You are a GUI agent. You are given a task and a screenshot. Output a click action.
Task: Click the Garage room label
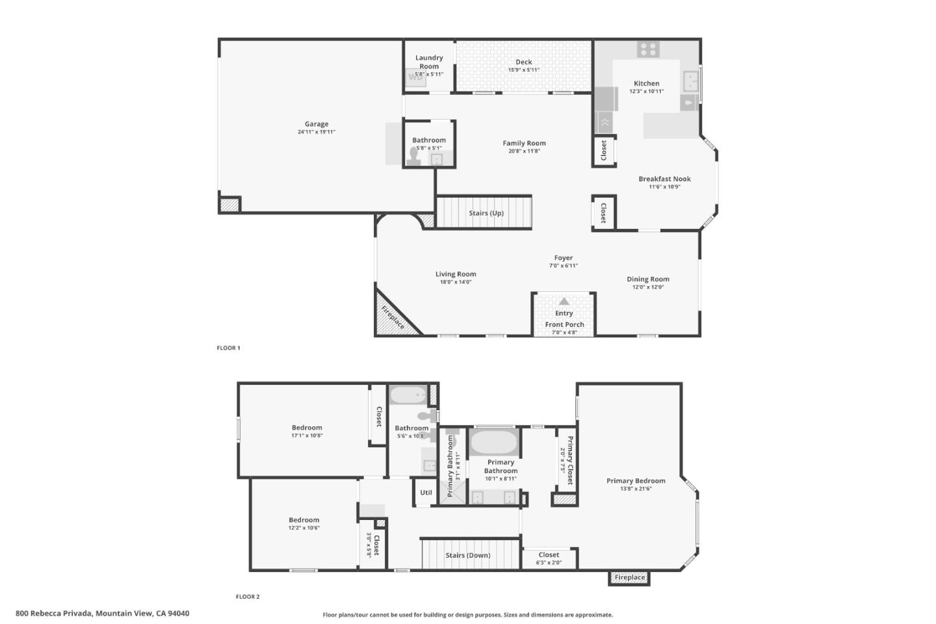(x=317, y=124)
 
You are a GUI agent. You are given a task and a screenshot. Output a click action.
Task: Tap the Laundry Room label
(x=429, y=62)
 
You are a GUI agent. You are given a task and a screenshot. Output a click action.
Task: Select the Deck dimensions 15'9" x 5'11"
(x=523, y=70)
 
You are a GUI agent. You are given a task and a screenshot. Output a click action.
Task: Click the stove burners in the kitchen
(x=647, y=49)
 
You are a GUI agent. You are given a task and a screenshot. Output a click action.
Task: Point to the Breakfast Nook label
(x=664, y=179)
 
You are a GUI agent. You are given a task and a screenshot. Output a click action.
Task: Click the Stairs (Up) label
(x=486, y=213)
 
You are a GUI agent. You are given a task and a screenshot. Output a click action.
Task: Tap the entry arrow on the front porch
(x=564, y=302)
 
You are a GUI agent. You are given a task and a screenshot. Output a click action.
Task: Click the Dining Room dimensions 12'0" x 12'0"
(x=647, y=287)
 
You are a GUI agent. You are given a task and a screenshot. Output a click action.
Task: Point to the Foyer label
(x=563, y=258)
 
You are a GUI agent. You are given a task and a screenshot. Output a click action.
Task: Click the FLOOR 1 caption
(x=228, y=348)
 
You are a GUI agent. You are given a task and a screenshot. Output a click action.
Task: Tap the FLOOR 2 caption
(x=248, y=597)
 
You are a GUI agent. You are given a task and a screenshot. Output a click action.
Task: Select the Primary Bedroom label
(x=636, y=481)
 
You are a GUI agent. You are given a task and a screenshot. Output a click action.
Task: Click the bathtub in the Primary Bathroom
(x=493, y=443)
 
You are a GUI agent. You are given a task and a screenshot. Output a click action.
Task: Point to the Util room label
(x=426, y=493)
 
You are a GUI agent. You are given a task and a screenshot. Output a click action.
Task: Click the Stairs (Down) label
(x=468, y=556)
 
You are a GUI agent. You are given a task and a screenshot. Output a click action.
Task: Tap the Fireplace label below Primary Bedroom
(x=630, y=577)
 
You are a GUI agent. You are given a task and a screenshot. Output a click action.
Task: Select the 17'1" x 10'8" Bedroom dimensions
(x=307, y=435)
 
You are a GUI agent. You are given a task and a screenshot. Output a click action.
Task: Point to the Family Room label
(x=524, y=143)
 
